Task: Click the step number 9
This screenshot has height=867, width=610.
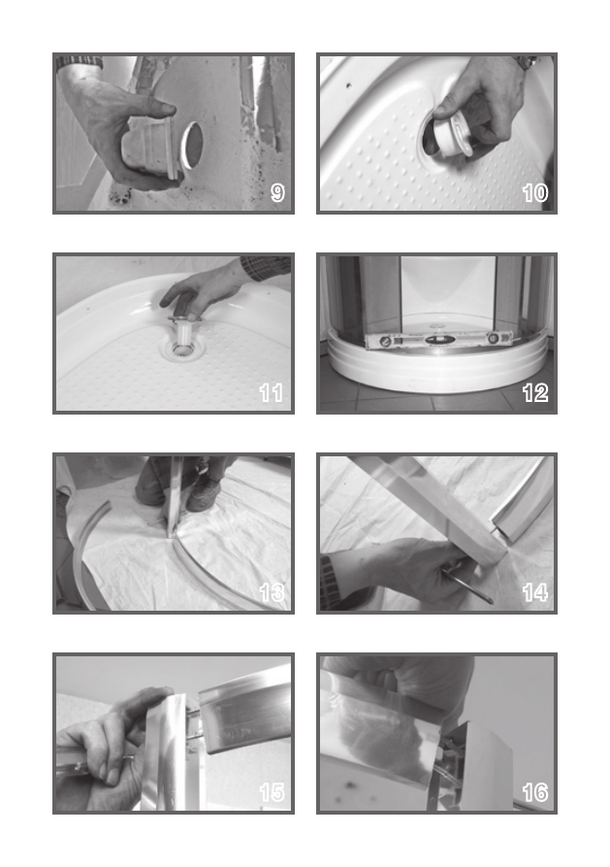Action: click(x=277, y=193)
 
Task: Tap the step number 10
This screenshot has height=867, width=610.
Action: click(x=535, y=193)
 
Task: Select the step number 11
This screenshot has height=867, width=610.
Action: click(x=272, y=393)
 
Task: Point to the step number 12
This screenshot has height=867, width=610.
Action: click(x=535, y=393)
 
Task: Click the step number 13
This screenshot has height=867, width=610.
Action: click(x=272, y=593)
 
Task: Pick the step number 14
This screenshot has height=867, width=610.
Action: click(x=535, y=593)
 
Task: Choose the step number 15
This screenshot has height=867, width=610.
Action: click(x=272, y=792)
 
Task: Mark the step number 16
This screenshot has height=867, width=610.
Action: click(x=535, y=792)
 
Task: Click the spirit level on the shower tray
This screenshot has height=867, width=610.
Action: click(x=438, y=340)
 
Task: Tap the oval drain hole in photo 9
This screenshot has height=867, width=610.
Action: click(x=191, y=145)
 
